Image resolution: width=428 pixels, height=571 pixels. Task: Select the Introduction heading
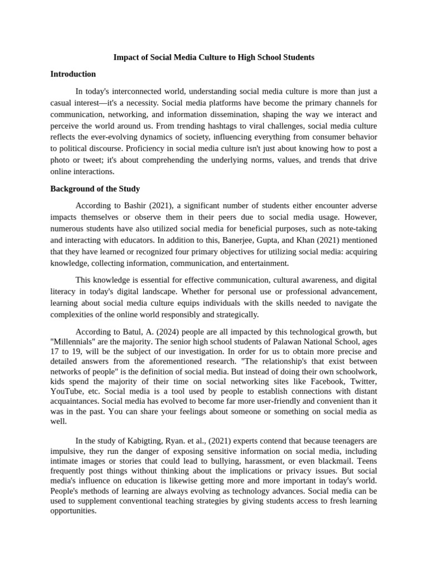point(73,74)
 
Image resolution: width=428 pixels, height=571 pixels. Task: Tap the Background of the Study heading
point(95,189)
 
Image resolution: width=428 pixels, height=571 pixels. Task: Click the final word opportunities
point(74,511)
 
